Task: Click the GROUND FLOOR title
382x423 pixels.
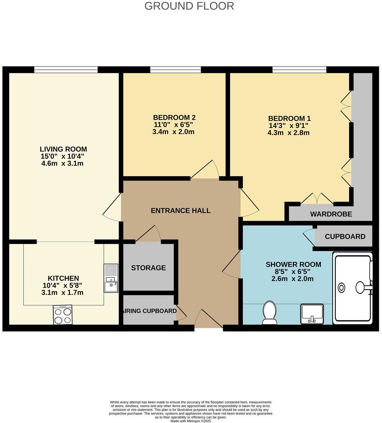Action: (189, 6)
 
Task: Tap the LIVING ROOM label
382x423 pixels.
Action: (64, 149)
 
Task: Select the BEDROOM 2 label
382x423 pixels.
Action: (174, 118)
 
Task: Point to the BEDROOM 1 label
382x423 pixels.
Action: (289, 118)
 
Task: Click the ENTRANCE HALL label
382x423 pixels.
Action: (181, 211)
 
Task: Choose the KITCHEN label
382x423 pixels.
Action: (64, 278)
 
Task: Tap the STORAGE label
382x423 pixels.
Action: (148, 268)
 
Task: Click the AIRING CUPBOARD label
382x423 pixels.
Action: (150, 310)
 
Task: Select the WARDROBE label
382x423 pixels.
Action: (331, 214)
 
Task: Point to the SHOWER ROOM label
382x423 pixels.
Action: (293, 264)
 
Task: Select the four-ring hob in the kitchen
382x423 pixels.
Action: (62, 315)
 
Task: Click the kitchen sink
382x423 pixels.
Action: (111, 279)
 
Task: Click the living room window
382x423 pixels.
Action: (66, 70)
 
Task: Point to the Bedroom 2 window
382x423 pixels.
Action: (175, 70)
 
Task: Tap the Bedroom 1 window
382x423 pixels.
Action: (299, 70)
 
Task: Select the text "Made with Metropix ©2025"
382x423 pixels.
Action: (191, 421)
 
